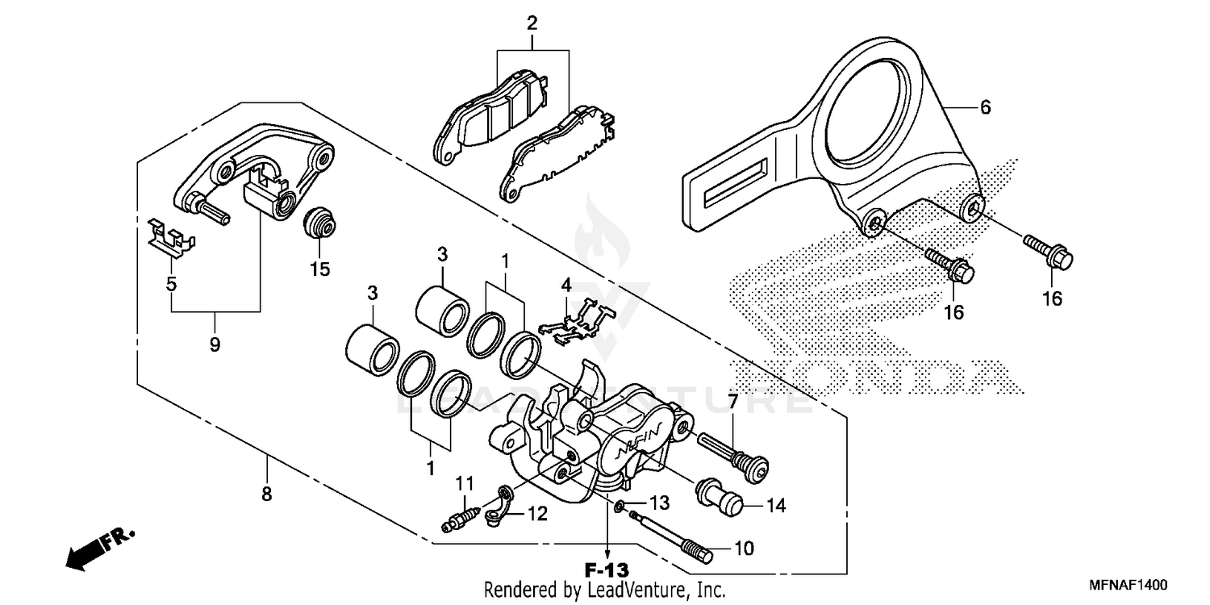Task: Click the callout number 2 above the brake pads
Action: click(x=532, y=23)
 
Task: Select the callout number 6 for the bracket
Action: click(x=985, y=107)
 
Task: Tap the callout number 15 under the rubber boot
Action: click(x=320, y=269)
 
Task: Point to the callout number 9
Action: click(x=215, y=344)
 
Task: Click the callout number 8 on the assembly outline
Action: click(x=267, y=494)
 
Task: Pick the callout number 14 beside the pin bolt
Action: click(x=775, y=506)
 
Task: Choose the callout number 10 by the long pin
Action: click(x=743, y=549)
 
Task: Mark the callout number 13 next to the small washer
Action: click(x=660, y=503)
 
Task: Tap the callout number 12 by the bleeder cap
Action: click(x=537, y=514)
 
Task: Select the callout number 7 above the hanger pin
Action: click(x=732, y=401)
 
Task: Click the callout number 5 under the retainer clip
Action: click(x=171, y=283)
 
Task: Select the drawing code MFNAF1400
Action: click(x=1129, y=584)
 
